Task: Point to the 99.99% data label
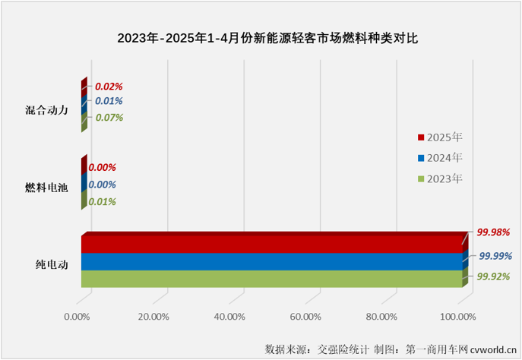[495, 257]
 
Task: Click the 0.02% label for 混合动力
[109, 87]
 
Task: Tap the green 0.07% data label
[109, 118]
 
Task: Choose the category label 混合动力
[47, 109]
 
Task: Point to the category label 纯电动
[52, 265]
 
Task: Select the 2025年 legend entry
[444, 137]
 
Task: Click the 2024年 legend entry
[444, 158]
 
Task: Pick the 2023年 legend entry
[444, 178]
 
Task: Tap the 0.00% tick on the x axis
[78, 316]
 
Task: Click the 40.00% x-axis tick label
[229, 316]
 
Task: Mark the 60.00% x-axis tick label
[305, 316]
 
